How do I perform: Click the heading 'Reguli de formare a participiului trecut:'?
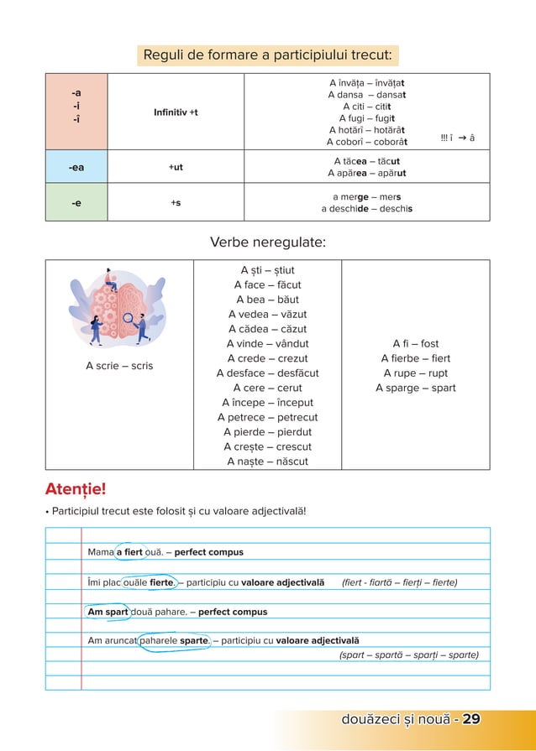[266, 55]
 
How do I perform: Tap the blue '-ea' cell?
[76, 167]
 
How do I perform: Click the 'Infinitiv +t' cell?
[176, 112]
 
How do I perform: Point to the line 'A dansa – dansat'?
[366, 95]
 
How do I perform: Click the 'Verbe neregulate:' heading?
[267, 243]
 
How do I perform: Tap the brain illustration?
[119, 306]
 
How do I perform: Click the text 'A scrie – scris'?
[119, 366]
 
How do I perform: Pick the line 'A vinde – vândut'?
[267, 344]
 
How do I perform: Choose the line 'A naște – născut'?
[267, 462]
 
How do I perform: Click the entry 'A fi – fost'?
[415, 344]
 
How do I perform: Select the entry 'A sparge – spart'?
[415, 388]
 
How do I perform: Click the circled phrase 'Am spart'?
[108, 612]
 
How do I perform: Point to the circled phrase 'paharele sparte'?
[174, 640]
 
